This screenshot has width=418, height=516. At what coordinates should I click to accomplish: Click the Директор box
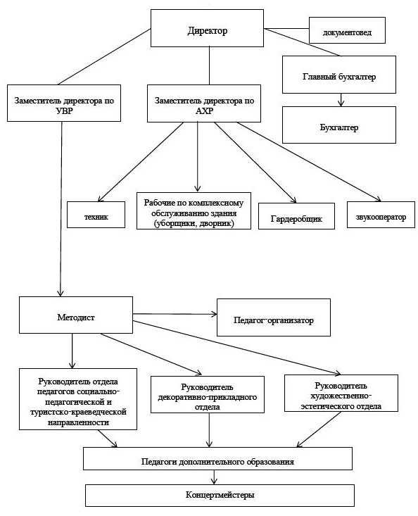pos(207,28)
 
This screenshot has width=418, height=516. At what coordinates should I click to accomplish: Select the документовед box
pos(347,30)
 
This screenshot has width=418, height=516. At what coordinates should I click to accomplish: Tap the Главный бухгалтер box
pos(339,75)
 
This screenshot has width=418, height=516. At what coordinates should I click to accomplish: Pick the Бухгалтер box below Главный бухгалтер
pos(339,125)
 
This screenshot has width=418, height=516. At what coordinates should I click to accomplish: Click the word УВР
pos(64,111)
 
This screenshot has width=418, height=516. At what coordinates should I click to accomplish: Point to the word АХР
pos(204,111)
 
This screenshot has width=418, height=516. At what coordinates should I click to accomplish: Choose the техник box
pos(96,215)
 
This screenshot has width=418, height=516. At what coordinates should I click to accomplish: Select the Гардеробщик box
pos(296,216)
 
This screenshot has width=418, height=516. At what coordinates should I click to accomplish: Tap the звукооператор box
pos(381,215)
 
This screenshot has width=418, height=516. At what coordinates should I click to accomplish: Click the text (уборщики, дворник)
pos(194,223)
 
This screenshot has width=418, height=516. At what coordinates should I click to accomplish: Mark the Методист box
pos(76,315)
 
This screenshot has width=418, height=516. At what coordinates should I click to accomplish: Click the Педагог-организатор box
pos(274,317)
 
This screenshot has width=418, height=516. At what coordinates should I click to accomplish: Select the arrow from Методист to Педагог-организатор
pos(175,314)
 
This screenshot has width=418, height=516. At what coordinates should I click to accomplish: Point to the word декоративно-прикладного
pos(208,397)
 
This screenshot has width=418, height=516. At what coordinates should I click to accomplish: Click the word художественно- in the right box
pos(341,396)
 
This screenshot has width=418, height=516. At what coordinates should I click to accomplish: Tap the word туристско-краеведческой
pos(78,412)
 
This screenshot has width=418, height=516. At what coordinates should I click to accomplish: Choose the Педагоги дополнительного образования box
pos(217,458)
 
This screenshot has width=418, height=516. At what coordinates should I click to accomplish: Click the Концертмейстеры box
pos(220,495)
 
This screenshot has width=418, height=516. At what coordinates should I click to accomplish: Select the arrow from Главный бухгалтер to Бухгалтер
pos(341,100)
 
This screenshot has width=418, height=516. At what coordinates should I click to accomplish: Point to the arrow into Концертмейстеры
pos(215,477)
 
